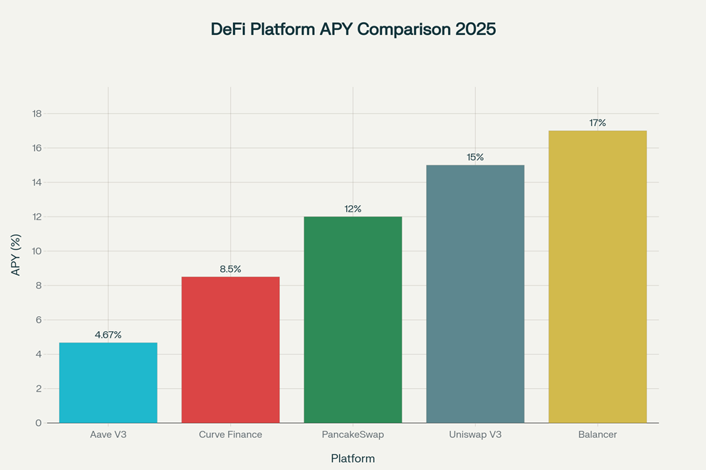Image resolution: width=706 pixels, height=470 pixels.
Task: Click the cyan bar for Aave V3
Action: pos(108,383)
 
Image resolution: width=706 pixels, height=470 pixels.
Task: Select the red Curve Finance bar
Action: pos(230,350)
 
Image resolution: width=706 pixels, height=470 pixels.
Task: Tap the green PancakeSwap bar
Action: pos(353,320)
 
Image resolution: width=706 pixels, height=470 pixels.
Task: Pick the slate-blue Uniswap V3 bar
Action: pos(475,294)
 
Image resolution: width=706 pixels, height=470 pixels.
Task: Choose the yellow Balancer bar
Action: pos(598,277)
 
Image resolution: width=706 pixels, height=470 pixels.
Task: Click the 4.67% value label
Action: pos(108,335)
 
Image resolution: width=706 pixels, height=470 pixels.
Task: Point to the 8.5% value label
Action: pos(230,269)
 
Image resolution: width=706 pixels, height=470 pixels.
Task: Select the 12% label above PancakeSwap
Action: pos(353,209)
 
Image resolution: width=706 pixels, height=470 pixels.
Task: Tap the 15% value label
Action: pos(475,157)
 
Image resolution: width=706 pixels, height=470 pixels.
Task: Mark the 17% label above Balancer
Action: pos(598,123)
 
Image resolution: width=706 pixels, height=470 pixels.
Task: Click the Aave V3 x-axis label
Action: pos(108,434)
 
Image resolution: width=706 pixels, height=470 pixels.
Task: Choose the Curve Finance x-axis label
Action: pos(230,434)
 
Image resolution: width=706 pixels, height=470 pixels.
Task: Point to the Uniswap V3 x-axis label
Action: pos(475,434)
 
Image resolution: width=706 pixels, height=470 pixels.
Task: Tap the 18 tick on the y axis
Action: pos(38,114)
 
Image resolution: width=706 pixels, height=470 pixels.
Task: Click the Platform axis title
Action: pos(353,459)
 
